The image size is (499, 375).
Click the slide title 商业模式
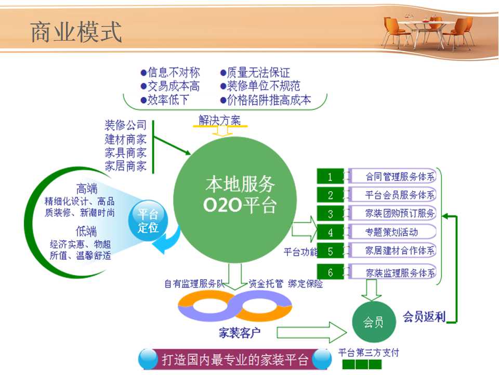[76, 32]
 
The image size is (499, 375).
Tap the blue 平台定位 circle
[148, 220]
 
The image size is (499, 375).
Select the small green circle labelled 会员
[374, 322]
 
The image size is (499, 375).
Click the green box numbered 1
[331, 177]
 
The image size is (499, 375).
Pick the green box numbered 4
[331, 232]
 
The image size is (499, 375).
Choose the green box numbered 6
[331, 272]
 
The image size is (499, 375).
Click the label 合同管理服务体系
[400, 177]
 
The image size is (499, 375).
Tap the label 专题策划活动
[391, 232]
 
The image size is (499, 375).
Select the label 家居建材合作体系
[400, 251]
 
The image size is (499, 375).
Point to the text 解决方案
[219, 120]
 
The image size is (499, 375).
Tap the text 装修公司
[126, 126]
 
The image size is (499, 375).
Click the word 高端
[87, 189]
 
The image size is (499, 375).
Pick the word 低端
[86, 231]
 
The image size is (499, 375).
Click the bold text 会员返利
[424, 317]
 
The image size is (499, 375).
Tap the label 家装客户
[239, 333]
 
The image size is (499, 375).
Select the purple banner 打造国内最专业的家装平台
[235, 360]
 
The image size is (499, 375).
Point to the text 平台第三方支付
[369, 353]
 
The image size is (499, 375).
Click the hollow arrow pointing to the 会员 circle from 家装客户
[311, 332]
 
